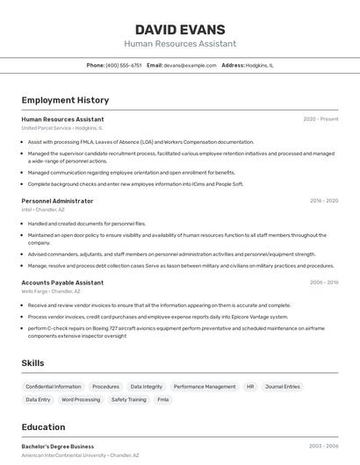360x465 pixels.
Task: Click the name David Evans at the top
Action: [180, 29]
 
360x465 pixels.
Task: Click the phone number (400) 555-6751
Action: [123, 65]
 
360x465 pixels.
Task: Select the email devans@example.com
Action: [189, 65]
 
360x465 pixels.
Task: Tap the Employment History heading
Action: [65, 100]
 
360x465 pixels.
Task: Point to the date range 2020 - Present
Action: [320, 119]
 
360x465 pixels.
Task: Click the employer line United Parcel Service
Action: [61, 128]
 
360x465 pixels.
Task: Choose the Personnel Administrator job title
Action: [57, 201]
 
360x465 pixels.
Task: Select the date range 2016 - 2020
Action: [323, 201]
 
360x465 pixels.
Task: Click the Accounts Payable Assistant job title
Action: [62, 283]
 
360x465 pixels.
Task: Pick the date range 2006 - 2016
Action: [323, 283]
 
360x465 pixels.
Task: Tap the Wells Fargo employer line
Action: [51, 291]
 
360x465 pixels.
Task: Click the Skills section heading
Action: [33, 362]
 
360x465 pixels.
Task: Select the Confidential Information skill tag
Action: [54, 386]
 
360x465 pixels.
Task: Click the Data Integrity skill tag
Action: [147, 386]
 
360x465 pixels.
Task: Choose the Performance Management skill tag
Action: [205, 386]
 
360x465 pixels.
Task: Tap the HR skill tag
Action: [250, 386]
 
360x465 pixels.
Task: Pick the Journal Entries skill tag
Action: [283, 386]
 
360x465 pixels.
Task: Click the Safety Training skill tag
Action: [129, 399]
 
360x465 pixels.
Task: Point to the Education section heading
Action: [43, 427]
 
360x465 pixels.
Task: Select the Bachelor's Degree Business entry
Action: [57, 447]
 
